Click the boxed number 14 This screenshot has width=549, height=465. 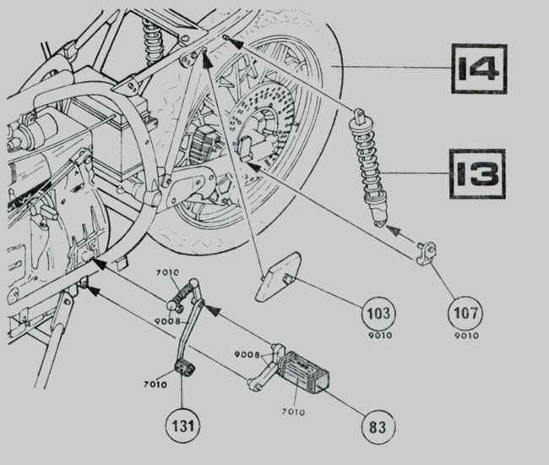point(479,68)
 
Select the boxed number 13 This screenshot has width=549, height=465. point(477,174)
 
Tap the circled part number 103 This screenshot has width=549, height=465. point(378,313)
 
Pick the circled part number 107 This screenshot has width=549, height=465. point(465,313)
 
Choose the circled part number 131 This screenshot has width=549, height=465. point(182,426)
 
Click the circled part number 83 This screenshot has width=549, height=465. point(378,427)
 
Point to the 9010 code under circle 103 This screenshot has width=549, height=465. point(380,336)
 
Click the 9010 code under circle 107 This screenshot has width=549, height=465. point(466,336)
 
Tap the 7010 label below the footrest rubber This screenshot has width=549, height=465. point(293,412)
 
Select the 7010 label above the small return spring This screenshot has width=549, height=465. point(167,272)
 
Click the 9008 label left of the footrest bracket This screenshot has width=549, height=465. point(247,355)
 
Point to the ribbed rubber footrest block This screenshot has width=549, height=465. point(303,371)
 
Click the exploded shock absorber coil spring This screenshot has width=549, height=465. point(366,158)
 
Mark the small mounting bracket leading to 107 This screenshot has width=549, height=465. point(426,253)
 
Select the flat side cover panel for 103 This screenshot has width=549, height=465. point(277,276)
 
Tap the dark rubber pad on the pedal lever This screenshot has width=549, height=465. point(184,369)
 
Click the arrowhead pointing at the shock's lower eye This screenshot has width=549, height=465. point(393,230)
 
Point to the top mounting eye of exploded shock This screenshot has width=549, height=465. point(357,116)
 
